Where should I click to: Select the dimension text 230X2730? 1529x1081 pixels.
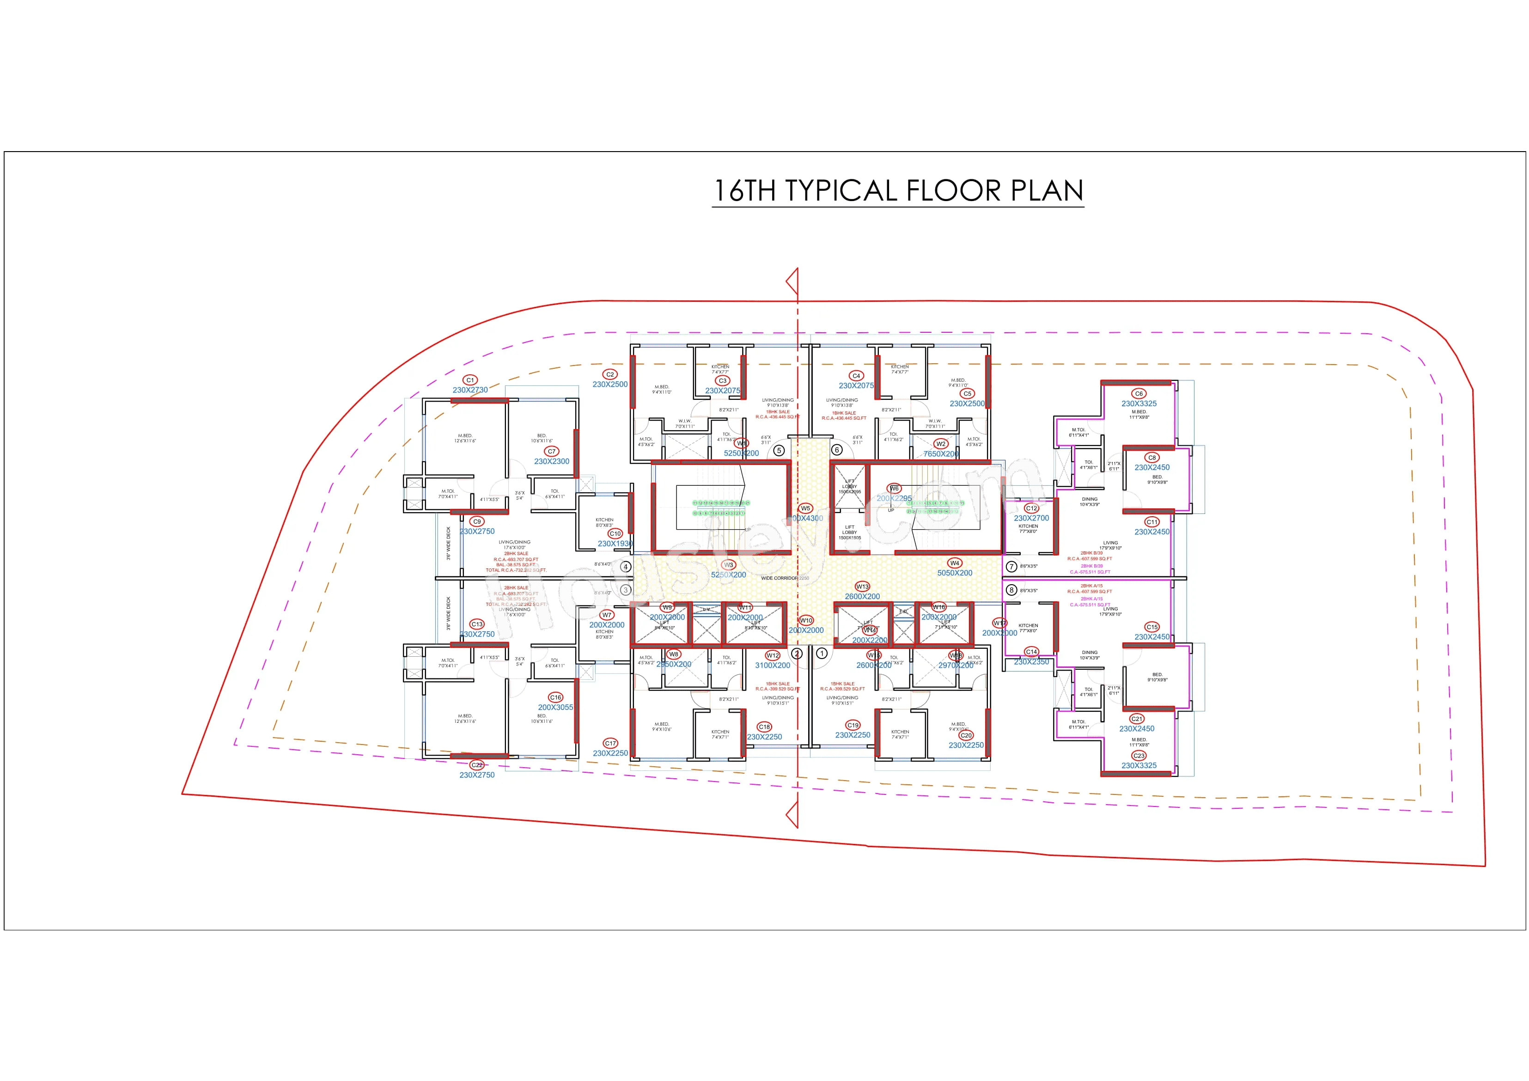(470, 391)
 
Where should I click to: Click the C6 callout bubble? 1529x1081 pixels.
(1139, 394)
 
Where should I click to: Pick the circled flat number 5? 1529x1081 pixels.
(779, 450)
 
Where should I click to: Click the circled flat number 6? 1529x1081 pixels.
(837, 450)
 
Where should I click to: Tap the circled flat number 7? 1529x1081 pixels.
(1011, 567)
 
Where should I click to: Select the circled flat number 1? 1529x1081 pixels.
(822, 654)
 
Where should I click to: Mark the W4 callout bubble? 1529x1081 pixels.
(954, 563)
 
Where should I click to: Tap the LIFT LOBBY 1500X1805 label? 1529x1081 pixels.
(850, 532)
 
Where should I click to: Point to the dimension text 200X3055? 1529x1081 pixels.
(555, 708)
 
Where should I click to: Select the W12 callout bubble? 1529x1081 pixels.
(773, 655)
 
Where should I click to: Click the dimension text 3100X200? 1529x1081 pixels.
(773, 666)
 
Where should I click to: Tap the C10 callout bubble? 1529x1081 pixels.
(615, 533)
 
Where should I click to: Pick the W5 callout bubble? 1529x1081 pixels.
(805, 508)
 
